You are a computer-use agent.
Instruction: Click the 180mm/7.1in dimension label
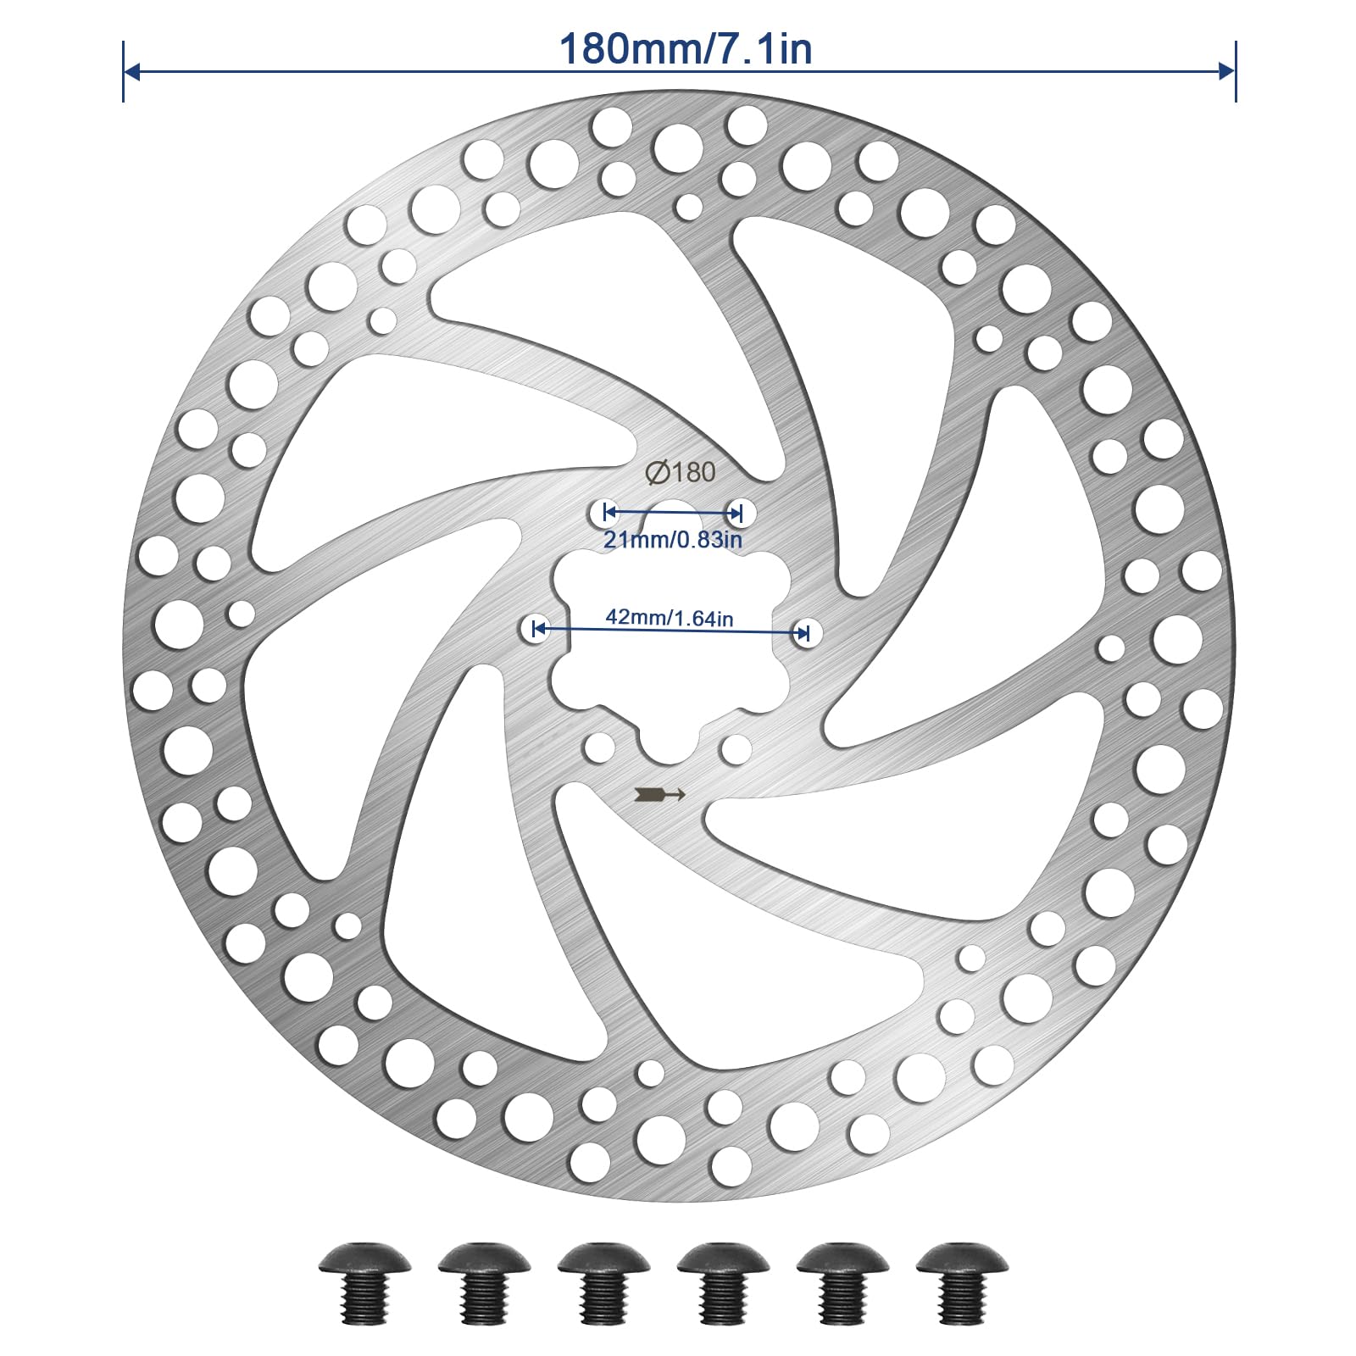click(x=685, y=48)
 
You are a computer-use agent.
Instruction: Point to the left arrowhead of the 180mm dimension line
click(x=131, y=71)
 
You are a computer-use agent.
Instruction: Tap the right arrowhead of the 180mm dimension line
click(x=1227, y=71)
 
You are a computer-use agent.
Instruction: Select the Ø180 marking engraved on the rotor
click(x=680, y=472)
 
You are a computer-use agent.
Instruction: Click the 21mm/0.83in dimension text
click(x=673, y=540)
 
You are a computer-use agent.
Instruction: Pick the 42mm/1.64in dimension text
click(x=670, y=618)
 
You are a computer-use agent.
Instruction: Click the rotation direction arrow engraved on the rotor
click(x=659, y=794)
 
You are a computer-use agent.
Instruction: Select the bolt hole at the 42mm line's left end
click(x=534, y=630)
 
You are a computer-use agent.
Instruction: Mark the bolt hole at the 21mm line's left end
click(x=603, y=512)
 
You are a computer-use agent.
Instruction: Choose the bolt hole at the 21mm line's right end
click(x=740, y=512)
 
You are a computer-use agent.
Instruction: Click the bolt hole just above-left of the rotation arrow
click(x=599, y=747)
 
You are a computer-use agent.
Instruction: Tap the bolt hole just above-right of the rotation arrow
click(x=736, y=749)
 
